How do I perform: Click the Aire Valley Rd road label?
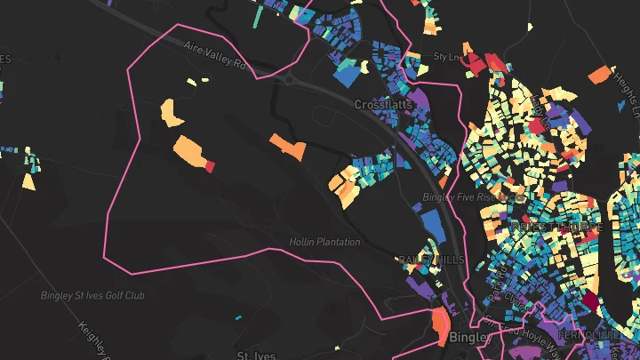(213, 55)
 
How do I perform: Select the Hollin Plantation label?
(324, 242)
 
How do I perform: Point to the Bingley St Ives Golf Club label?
(92, 295)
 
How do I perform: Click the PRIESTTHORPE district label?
(558, 228)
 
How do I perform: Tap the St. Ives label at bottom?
(255, 355)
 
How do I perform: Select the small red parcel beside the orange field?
(211, 165)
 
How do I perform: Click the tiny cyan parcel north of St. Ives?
(238, 317)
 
